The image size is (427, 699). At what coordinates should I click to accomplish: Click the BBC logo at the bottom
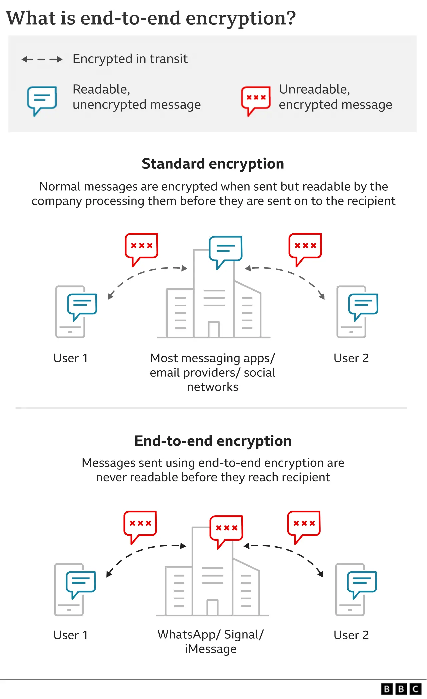(401, 689)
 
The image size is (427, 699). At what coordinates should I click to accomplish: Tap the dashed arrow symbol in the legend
(42, 59)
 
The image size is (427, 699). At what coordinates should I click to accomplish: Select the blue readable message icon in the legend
(42, 100)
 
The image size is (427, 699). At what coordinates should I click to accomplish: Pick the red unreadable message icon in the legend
(256, 100)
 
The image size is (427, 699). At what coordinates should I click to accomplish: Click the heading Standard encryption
(213, 164)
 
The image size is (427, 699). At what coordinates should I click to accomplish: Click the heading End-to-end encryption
(213, 441)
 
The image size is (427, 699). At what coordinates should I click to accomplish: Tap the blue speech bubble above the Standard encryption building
(226, 250)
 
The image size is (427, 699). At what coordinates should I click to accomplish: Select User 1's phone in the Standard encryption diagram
(70, 312)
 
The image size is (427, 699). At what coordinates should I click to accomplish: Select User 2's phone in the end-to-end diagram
(350, 590)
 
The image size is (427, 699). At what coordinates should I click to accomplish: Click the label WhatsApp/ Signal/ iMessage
(211, 641)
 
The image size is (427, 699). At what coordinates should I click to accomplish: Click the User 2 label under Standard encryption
(351, 358)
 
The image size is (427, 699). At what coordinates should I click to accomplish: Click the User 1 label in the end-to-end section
(70, 635)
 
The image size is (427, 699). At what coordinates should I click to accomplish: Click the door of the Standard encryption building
(213, 329)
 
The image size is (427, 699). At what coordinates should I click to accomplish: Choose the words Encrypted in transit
(130, 59)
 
